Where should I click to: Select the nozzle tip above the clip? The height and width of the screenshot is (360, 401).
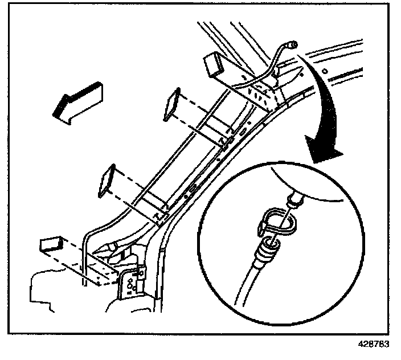[295, 200]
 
